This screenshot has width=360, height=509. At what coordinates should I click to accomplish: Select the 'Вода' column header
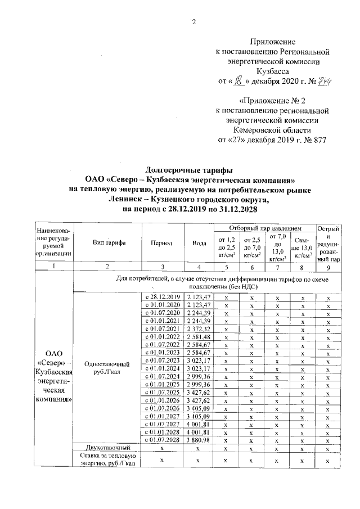198,243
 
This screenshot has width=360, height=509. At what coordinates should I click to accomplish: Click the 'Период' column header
161,243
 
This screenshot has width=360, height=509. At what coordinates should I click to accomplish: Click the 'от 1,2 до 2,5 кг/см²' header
226,247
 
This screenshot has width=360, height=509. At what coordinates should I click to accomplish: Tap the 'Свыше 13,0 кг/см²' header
303,247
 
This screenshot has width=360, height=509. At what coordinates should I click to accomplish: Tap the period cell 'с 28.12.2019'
161,296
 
